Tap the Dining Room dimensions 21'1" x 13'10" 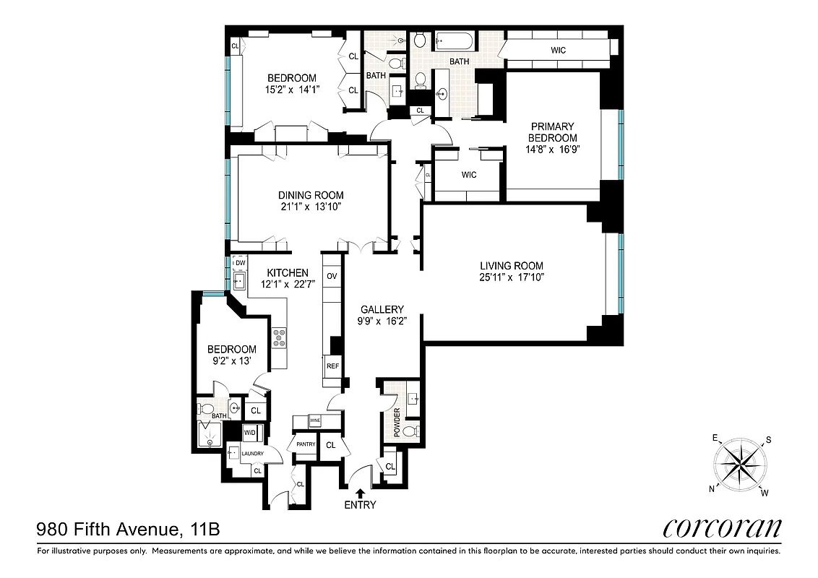tap(311, 207)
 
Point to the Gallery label tap(382, 310)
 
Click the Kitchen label tap(288, 273)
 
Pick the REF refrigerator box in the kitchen tap(332, 366)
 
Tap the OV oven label tap(332, 277)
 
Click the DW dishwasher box tap(240, 262)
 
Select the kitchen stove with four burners tap(279, 337)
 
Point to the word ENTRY tap(360, 505)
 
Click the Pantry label tap(302, 444)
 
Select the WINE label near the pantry tap(314, 420)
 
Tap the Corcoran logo tap(722, 528)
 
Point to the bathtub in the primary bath tap(456, 40)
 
